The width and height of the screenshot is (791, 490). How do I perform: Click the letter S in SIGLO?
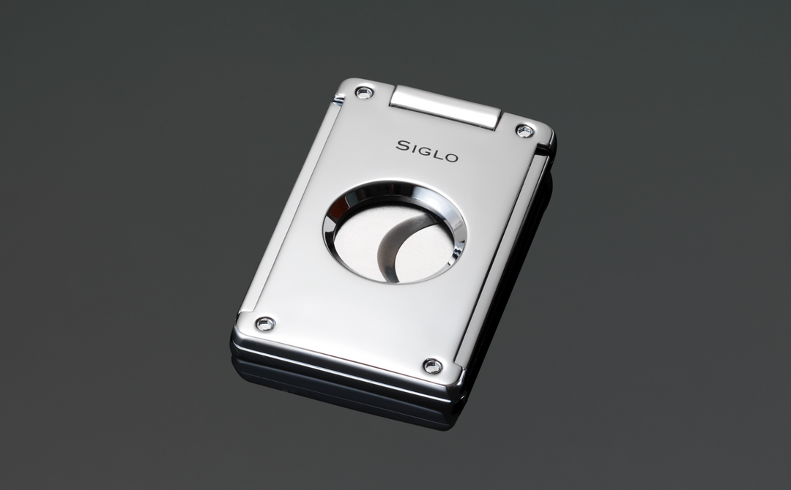click(x=402, y=146)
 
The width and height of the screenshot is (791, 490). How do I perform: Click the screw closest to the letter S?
click(x=364, y=92)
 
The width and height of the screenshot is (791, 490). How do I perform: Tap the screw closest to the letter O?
click(x=524, y=131)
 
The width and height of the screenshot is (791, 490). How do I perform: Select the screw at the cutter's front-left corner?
click(x=264, y=323)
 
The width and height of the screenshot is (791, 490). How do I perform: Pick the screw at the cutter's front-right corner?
click(x=433, y=366)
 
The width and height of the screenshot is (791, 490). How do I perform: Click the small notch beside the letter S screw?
click(x=338, y=99)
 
